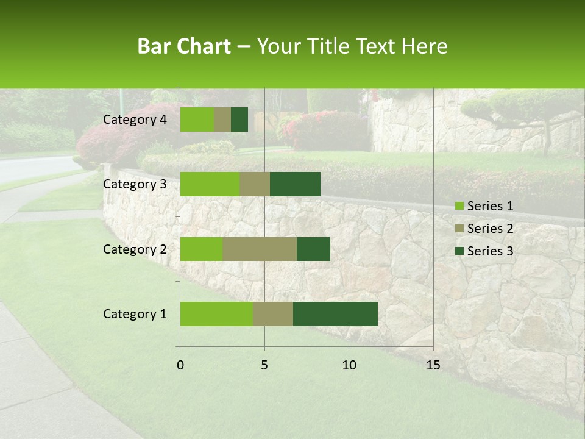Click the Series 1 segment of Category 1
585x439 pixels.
(216, 314)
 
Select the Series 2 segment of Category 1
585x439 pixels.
(273, 314)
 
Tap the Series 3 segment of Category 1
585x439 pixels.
(335, 314)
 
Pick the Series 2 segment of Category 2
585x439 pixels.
(260, 249)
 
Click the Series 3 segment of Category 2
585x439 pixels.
(313, 249)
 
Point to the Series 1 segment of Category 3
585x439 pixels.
(210, 184)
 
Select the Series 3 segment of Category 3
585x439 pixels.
(295, 184)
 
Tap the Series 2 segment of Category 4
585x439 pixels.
(222, 120)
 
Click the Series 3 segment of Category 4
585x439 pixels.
(239, 120)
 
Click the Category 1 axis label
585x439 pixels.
(135, 314)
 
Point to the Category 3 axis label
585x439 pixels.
(135, 184)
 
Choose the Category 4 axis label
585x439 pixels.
(135, 120)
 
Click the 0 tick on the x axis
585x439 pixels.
(180, 365)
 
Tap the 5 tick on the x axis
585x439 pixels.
(264, 365)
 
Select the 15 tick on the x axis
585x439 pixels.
(433, 365)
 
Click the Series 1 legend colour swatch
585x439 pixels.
(459, 206)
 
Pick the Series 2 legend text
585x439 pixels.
(490, 229)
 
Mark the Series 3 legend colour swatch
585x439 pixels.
(459, 251)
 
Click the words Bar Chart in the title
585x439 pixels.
(184, 46)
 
